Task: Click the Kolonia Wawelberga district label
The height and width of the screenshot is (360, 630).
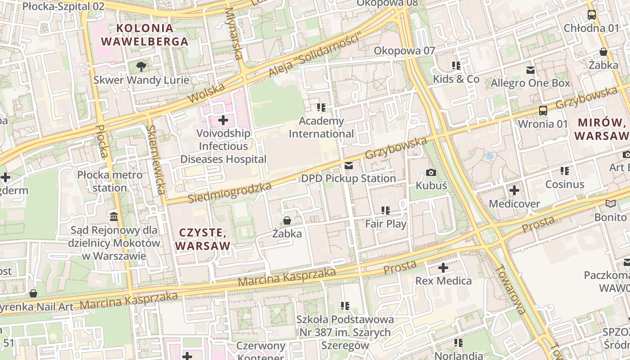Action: pos(144,35)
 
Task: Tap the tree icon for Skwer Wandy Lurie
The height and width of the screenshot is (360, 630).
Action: pos(141,67)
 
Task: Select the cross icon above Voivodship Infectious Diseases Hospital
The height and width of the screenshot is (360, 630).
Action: pos(223,120)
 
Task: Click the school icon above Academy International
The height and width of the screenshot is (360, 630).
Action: pos(321,107)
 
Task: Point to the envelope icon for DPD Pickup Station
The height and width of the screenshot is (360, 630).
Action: pos(348,166)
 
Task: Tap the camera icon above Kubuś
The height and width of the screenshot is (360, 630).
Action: pos(431,172)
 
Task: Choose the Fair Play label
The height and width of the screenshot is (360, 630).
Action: pos(386,224)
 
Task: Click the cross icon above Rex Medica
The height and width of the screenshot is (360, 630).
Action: pos(443,268)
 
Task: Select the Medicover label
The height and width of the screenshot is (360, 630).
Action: pos(514,204)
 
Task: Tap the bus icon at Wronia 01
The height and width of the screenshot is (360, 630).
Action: pos(543,110)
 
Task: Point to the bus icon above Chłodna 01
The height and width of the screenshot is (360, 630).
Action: pos(592,15)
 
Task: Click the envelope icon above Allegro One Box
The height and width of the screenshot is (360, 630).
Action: pos(531,70)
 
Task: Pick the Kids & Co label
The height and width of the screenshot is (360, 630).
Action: pos(456,79)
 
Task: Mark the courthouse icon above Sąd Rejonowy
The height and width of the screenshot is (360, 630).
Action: pos(114,217)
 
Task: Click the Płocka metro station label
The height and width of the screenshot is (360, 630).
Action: pos(110,181)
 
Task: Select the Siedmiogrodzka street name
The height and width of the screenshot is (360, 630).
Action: pos(229,192)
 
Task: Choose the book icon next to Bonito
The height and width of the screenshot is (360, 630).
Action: pos(611,204)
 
